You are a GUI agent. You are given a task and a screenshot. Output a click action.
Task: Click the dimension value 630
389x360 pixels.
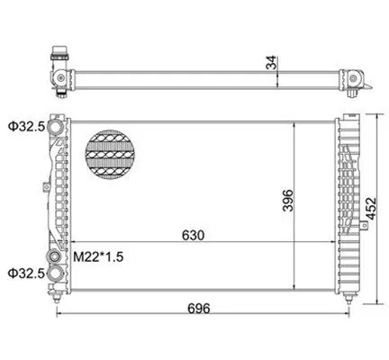click(193, 236)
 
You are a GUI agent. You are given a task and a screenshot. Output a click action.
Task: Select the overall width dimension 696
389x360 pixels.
click(199, 309)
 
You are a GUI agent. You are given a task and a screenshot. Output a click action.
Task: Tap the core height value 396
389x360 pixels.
click(288, 201)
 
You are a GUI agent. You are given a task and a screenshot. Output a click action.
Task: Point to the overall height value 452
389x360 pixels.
click(371, 209)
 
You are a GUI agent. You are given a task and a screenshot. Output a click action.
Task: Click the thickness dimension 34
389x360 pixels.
click(272, 62)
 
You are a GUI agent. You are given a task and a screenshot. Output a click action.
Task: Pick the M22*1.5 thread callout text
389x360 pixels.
click(98, 256)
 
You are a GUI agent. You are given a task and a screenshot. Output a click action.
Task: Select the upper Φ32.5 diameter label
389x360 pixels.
click(26, 127)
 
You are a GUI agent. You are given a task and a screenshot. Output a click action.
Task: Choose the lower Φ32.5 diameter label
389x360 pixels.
click(26, 274)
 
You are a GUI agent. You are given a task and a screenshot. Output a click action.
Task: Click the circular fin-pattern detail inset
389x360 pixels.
click(110, 155)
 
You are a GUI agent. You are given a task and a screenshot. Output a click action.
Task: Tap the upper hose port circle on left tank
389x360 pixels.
click(56, 127)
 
